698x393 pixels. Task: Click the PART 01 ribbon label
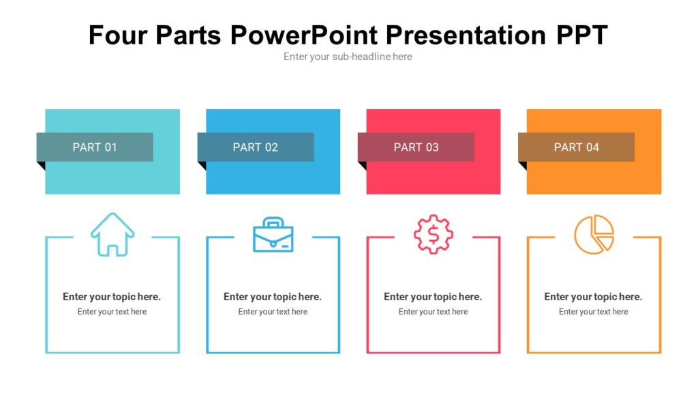pyautogui.click(x=95, y=147)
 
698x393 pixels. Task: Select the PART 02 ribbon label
pyautogui.click(x=256, y=147)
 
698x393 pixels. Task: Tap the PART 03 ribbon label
pyautogui.click(x=416, y=147)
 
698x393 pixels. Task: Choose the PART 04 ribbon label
pyautogui.click(x=577, y=147)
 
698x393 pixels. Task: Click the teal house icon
pyautogui.click(x=112, y=235)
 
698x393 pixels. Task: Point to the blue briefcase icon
pyautogui.click(x=273, y=235)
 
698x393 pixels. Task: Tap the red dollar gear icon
pyautogui.click(x=434, y=235)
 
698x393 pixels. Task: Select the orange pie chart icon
pyautogui.click(x=594, y=235)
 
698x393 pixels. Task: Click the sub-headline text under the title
pyautogui.click(x=348, y=57)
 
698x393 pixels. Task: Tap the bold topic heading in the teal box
pyautogui.click(x=112, y=297)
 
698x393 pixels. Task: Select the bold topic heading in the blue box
pyautogui.click(x=273, y=297)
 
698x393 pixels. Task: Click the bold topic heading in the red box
pyautogui.click(x=433, y=297)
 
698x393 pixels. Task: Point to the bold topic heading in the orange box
pyautogui.click(x=593, y=297)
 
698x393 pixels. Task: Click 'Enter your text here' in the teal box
pyautogui.click(x=112, y=312)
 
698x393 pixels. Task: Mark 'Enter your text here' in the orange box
pyautogui.click(x=593, y=312)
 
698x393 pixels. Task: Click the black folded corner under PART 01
pyautogui.click(x=41, y=165)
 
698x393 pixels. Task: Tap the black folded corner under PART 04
pyautogui.click(x=522, y=165)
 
